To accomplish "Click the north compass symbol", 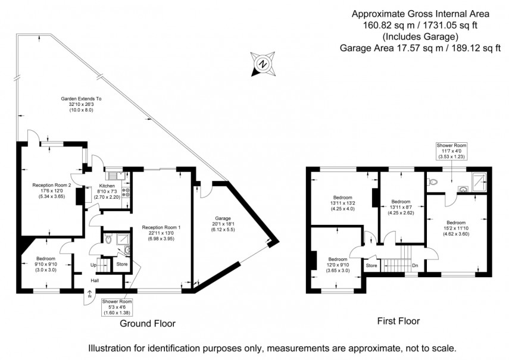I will [x=261, y=64].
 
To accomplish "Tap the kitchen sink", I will [x=114, y=176].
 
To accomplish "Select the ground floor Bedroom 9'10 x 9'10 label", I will [x=46, y=258].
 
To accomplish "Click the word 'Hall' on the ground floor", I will [x=95, y=281].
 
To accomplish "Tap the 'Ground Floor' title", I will [x=148, y=323].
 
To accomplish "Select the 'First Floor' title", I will [x=398, y=321].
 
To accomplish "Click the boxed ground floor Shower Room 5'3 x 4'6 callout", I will [x=116, y=306].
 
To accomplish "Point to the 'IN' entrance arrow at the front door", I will [x=89, y=293].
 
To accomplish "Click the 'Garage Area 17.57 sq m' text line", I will [x=420, y=49].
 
